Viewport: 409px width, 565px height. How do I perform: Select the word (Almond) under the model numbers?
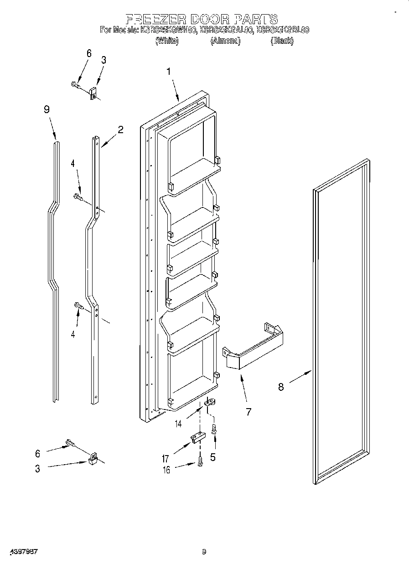click(x=225, y=41)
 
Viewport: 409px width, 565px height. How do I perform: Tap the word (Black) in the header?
click(x=282, y=41)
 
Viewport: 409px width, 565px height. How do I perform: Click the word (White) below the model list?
click(x=167, y=41)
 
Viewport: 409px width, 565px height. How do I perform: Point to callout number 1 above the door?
click(x=169, y=72)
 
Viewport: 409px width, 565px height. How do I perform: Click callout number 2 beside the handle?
click(x=120, y=130)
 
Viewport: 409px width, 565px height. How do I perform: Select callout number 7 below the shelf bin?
click(x=249, y=412)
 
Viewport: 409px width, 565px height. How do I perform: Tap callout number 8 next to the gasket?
click(x=281, y=387)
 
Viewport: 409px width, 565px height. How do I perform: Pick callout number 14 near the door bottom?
click(x=178, y=424)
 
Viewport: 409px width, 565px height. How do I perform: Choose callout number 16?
click(x=167, y=470)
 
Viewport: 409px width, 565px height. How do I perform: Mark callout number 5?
click(x=213, y=457)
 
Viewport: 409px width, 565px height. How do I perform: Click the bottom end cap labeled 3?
click(x=93, y=458)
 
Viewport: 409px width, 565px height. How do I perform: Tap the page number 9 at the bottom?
click(x=204, y=552)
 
